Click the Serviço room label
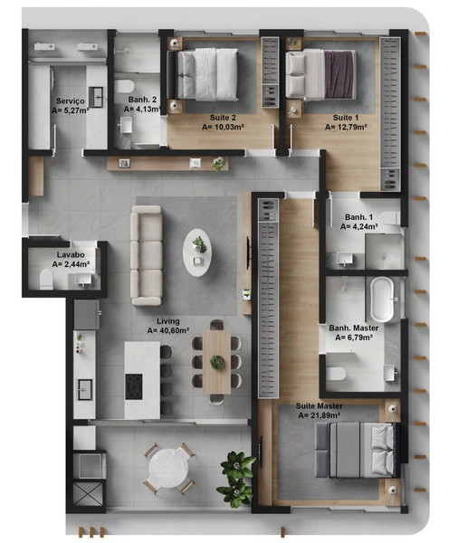click(x=71, y=101)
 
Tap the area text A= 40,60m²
click(x=168, y=330)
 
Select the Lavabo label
click(x=71, y=255)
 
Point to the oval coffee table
click(x=197, y=252)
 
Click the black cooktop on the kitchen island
click(x=134, y=386)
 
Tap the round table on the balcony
click(x=168, y=469)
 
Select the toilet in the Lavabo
click(x=46, y=279)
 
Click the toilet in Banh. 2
click(x=124, y=87)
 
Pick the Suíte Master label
click(x=319, y=405)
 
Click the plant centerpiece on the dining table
click(x=217, y=362)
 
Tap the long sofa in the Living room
click(x=146, y=255)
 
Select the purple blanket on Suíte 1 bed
click(x=339, y=74)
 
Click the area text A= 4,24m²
click(x=358, y=226)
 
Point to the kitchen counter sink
click(x=85, y=389)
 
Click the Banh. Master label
click(x=353, y=328)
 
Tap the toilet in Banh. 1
click(x=390, y=218)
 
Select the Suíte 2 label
click(x=223, y=118)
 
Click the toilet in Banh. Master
click(x=336, y=374)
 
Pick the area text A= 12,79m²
click(x=346, y=127)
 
